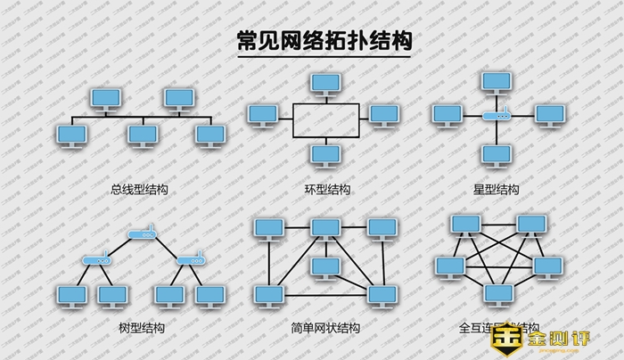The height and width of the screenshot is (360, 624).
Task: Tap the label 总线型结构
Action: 139,190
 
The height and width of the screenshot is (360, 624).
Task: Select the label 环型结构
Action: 327,190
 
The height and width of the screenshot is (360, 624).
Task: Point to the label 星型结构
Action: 497,190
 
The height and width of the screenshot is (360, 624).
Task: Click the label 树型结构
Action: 141,328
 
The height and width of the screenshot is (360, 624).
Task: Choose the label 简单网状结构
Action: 326,328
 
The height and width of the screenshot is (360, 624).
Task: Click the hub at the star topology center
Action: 497,116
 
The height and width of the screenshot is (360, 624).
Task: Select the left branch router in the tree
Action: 95,261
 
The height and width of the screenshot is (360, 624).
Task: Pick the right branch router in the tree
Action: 190,261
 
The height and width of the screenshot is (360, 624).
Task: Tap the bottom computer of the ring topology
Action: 324,154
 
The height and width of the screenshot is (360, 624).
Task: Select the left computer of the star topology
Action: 445,114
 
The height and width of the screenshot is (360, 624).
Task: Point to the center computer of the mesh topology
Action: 324,266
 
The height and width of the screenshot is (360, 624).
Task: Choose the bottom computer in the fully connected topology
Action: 497,293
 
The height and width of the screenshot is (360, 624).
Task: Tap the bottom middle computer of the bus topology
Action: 141,135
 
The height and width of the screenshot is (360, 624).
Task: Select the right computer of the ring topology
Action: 383,114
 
